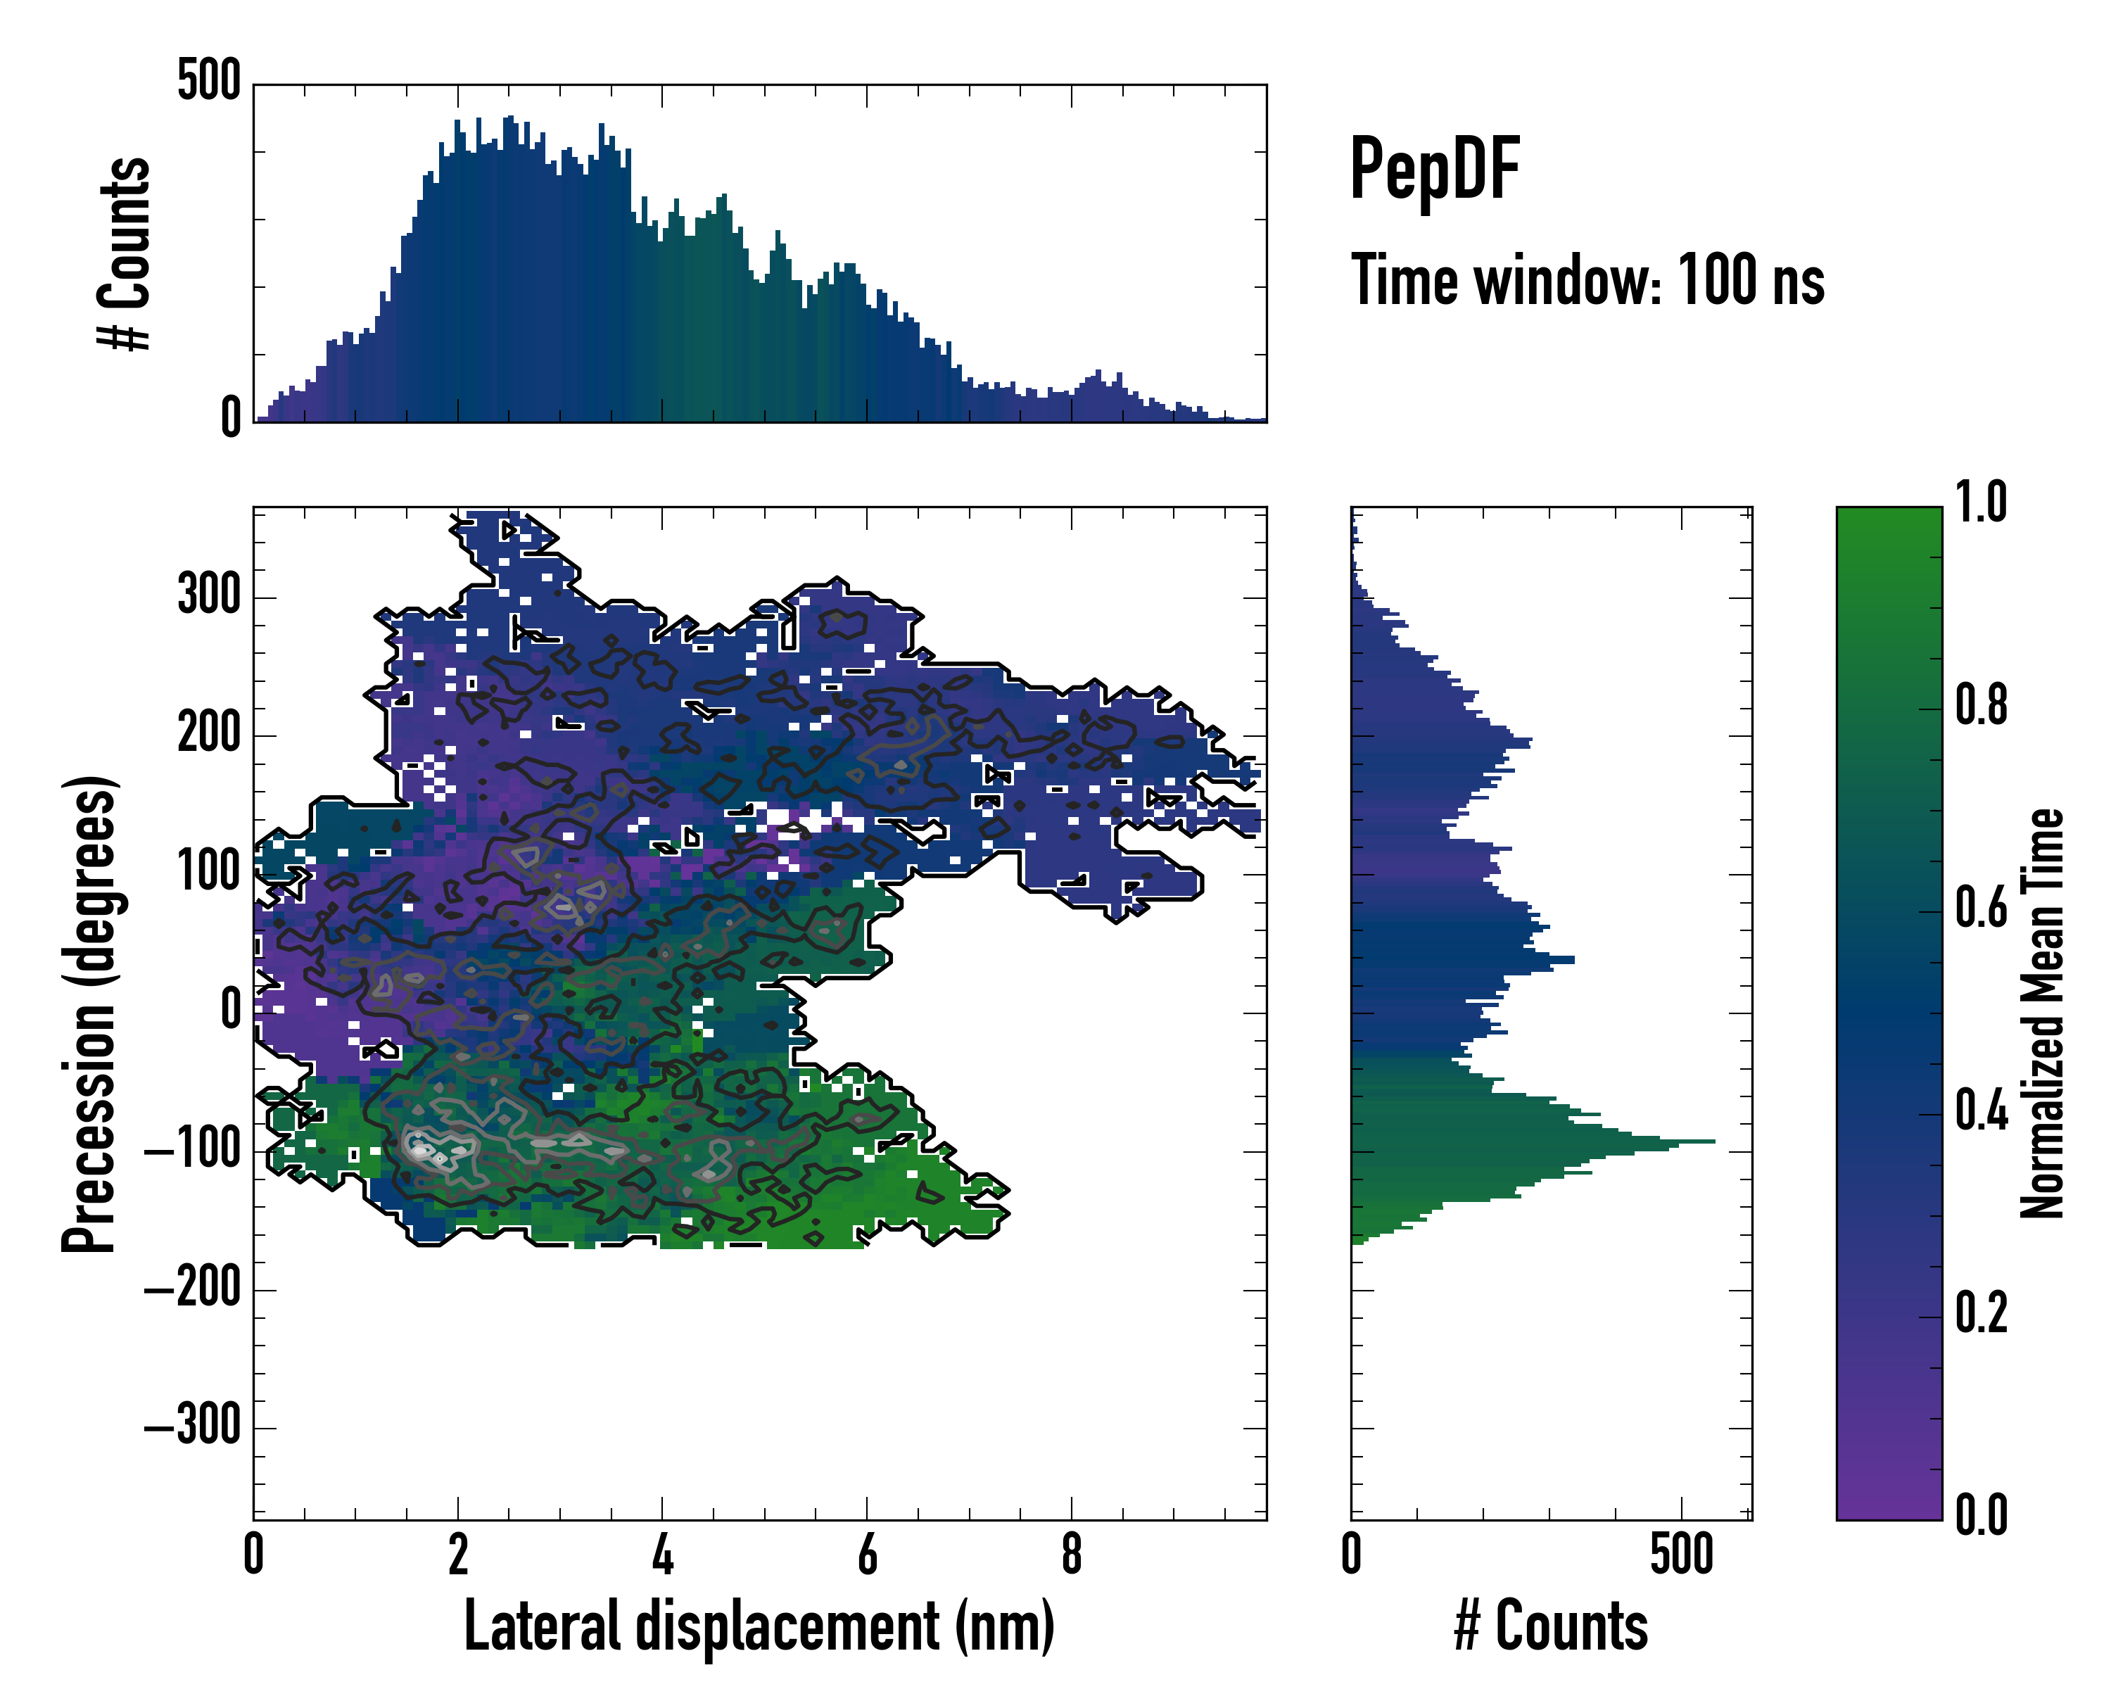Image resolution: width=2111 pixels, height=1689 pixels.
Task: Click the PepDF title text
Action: coord(1433,170)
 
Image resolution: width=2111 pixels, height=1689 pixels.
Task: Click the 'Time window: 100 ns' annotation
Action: coord(1587,281)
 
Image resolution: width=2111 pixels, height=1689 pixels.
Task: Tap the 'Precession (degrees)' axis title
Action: coord(90,1013)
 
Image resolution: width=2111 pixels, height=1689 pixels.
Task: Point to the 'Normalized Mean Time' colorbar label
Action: coord(2043,1013)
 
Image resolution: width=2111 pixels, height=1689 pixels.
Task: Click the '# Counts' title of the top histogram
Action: coord(125,253)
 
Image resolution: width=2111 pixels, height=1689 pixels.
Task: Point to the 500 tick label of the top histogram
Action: coord(208,80)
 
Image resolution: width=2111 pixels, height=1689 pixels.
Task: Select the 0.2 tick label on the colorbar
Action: coord(1981,1313)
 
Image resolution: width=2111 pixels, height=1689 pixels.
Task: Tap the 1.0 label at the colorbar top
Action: coord(1981,503)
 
